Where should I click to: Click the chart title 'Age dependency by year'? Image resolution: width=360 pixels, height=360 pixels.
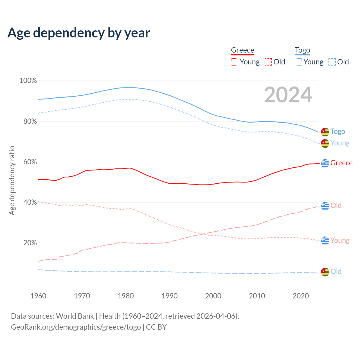pyautogui.click(x=79, y=33)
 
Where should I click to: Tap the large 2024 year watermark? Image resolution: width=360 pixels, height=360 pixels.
pyautogui.click(x=288, y=95)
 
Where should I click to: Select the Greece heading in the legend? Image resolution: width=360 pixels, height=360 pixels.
pyautogui.click(x=242, y=50)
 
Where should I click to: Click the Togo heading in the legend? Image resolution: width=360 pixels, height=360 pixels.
pyautogui.click(x=302, y=50)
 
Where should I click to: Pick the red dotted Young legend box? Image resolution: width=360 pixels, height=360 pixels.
pyautogui.click(x=234, y=62)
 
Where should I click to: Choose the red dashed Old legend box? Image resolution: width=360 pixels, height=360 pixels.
pyautogui.click(x=268, y=62)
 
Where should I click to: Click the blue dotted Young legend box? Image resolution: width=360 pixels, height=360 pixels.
pyautogui.click(x=298, y=62)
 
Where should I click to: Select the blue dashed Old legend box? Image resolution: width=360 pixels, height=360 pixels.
pyautogui.click(x=332, y=62)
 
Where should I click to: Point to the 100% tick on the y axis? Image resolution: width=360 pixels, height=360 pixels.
pyautogui.click(x=28, y=81)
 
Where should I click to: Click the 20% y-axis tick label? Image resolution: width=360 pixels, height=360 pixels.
pyautogui.click(x=30, y=243)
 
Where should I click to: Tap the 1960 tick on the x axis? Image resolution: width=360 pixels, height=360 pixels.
pyautogui.click(x=38, y=296)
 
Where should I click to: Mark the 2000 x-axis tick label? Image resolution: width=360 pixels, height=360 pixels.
pyautogui.click(x=213, y=296)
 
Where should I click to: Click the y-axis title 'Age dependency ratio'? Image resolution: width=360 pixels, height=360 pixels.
pyautogui.click(x=12, y=180)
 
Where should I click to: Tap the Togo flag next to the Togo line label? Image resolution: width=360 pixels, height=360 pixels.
pyautogui.click(x=325, y=132)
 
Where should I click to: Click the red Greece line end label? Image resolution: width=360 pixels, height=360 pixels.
pyautogui.click(x=341, y=163)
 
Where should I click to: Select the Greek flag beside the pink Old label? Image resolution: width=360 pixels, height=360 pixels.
pyautogui.click(x=325, y=206)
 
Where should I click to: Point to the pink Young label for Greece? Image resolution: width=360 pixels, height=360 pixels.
pyautogui.click(x=340, y=240)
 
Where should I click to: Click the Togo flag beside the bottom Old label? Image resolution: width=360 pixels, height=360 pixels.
pyautogui.click(x=325, y=272)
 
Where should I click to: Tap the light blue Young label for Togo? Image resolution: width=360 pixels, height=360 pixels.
pyautogui.click(x=340, y=143)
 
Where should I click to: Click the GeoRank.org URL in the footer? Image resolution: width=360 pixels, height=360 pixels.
pyautogui.click(x=76, y=327)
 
